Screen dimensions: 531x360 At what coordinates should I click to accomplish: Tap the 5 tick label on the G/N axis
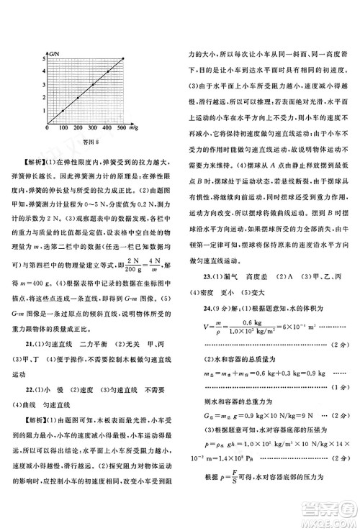tap(43, 58)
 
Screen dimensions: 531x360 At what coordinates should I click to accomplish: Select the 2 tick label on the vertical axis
tap(43, 98)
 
